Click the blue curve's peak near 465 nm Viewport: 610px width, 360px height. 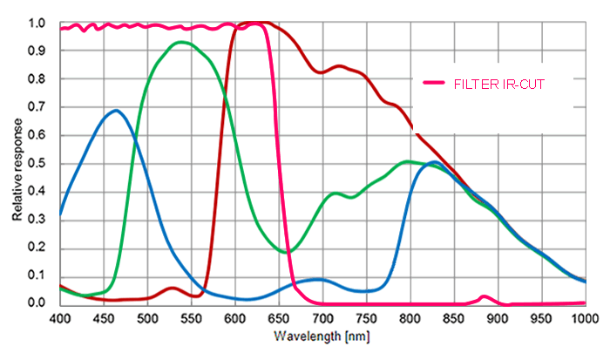(116, 110)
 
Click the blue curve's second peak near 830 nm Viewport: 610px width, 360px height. (435, 162)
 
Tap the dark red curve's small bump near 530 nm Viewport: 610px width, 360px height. (173, 288)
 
